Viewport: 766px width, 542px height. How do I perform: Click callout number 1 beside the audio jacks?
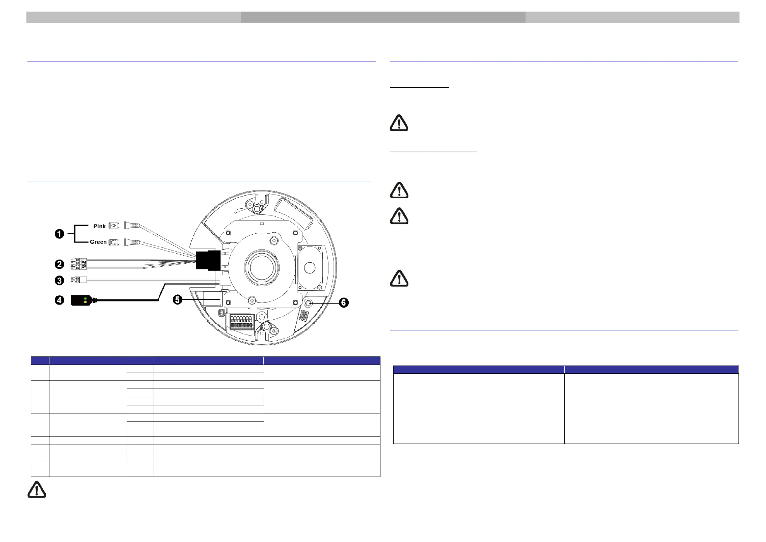tap(59, 234)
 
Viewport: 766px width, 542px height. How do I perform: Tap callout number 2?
tap(59, 265)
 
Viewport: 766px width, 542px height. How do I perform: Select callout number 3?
tap(59, 280)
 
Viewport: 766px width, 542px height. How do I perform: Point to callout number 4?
tap(59, 300)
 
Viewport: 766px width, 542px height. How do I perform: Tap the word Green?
tap(98, 242)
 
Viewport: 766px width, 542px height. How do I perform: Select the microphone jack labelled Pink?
tap(124, 226)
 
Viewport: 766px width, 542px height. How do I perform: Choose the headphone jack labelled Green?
tap(124, 242)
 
